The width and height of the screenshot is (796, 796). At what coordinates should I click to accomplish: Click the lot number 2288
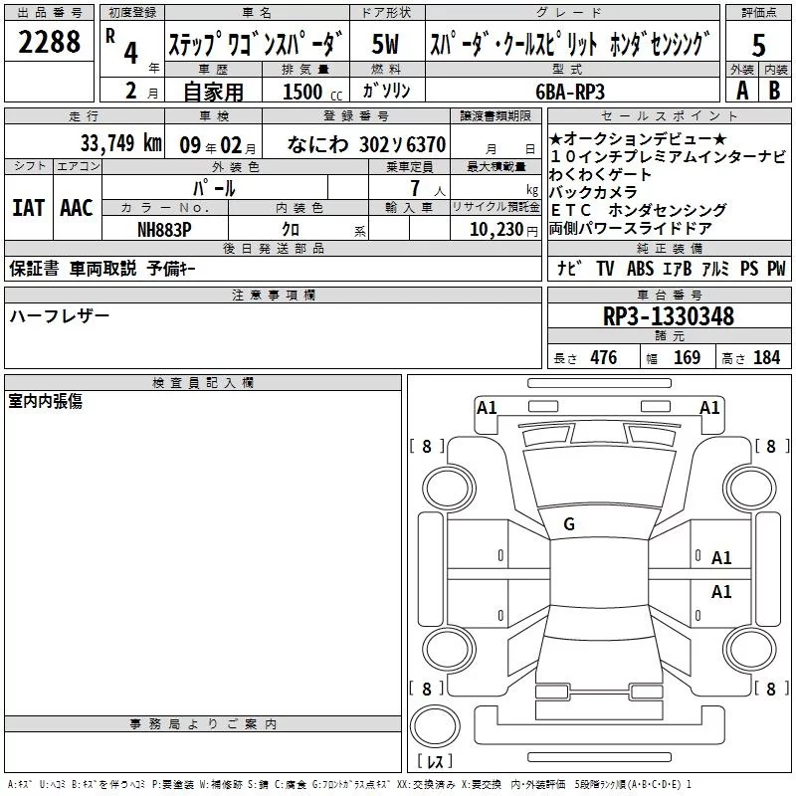coord(49,42)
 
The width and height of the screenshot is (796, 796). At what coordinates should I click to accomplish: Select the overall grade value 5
coord(758,45)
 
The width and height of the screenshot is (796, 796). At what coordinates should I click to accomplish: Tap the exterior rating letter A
coord(742,91)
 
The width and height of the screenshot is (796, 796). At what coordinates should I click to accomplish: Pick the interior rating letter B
coord(774,91)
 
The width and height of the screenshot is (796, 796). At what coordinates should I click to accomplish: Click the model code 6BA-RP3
coord(570,92)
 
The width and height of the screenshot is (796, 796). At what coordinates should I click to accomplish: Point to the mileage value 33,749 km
coord(120,143)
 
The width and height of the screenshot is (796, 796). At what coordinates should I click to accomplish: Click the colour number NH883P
coord(164,230)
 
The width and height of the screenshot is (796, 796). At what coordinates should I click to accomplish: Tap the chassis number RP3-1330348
coord(669,316)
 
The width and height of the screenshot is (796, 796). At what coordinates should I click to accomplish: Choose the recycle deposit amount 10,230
coord(496,230)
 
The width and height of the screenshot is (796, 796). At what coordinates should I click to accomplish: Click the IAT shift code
coord(29,208)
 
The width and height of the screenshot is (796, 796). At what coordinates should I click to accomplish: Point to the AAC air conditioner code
coord(77,208)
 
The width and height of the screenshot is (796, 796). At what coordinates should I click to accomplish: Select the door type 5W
coord(385,44)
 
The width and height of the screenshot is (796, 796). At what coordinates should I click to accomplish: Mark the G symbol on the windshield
coord(569,524)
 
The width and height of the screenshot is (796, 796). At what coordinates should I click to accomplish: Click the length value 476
coord(604,357)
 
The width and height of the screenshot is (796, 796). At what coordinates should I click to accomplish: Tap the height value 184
coord(766,357)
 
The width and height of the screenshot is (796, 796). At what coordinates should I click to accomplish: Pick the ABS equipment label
coord(640,268)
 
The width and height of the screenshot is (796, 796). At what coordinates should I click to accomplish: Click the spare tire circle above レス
coord(435,726)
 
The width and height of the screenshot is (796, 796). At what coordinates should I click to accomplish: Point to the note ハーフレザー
coord(60,315)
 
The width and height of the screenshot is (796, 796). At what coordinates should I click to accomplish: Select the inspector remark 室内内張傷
coord(45,401)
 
